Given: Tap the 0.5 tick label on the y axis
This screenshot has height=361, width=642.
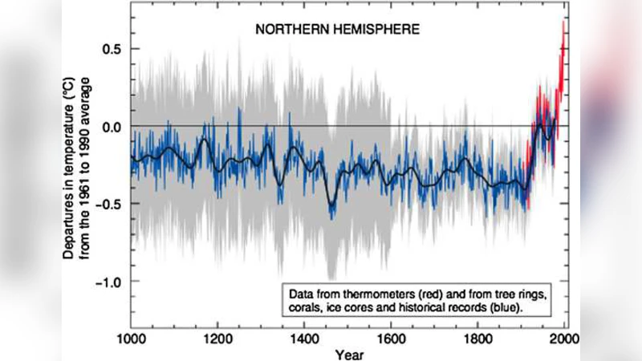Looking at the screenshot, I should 112,49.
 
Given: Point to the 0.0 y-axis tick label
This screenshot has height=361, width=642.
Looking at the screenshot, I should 112,127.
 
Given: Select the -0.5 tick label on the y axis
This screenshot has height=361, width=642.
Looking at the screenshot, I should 109,204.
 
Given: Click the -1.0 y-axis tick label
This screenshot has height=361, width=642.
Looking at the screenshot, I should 109,282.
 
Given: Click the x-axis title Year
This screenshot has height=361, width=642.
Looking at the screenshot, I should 348,354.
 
